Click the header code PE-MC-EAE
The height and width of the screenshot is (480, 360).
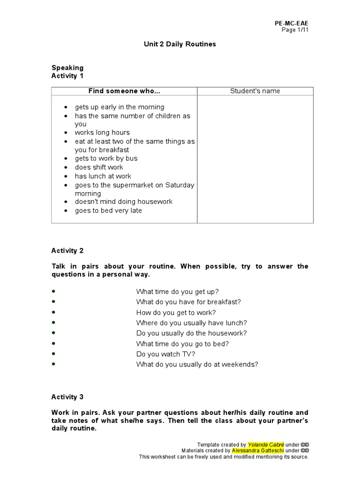pos(292,23)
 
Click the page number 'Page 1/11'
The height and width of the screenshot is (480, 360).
pos(295,30)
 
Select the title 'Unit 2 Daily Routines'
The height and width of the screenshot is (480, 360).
pos(180,44)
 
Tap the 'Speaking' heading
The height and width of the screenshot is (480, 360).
pos(67,67)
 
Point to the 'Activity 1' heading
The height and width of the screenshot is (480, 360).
pos(67,75)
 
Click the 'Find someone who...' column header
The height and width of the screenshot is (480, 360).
pos(124,91)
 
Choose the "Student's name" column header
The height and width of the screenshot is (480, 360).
pos(255,91)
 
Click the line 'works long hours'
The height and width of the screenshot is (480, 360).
pos(102,133)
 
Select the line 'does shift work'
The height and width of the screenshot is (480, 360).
pos(99,167)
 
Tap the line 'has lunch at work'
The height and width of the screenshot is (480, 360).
pos(103,176)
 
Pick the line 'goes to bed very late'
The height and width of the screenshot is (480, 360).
pos(108,210)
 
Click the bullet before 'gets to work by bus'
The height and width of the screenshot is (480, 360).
pos(66,159)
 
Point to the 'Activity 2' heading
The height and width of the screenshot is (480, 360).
pos(67,251)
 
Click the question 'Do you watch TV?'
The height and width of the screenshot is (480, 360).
pos(165,354)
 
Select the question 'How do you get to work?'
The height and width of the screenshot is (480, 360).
pos(176,313)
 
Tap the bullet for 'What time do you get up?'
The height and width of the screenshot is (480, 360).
pos(54,292)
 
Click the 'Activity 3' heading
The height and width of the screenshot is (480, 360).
pos(67,397)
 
